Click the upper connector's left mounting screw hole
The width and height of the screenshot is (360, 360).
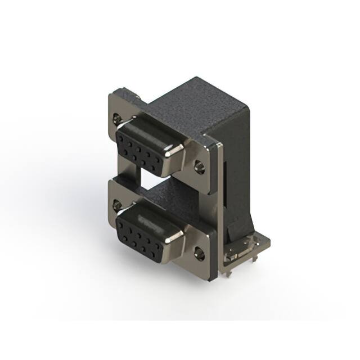tap(117, 119)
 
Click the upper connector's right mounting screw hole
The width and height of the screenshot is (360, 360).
tap(199, 166)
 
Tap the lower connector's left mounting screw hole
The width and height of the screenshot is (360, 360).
tap(117, 204)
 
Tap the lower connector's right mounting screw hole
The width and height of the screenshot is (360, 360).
tap(199, 253)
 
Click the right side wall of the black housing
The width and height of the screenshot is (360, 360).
tap(233, 169)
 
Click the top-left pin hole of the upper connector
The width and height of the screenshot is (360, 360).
tap(123, 137)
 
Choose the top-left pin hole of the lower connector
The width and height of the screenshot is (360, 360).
tap(123, 222)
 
